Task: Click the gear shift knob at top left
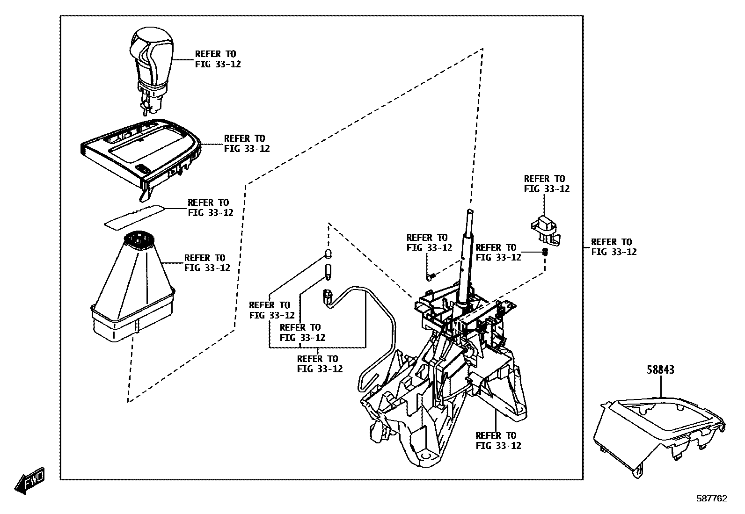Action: [x=151, y=58]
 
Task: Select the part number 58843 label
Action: [x=661, y=369]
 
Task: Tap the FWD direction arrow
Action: [x=30, y=479]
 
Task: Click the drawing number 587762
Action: [x=711, y=499]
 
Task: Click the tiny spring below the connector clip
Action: [x=545, y=252]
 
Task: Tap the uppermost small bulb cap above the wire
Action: [x=329, y=254]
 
